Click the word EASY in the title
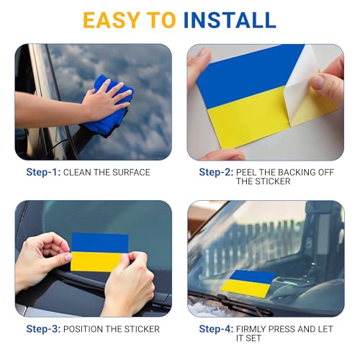tap(112, 20)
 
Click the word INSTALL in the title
tap(230, 20)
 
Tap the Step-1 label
tap(43, 172)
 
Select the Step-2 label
tap(216, 172)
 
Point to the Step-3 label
tap(43, 329)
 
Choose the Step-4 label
tap(216, 329)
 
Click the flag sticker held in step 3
tap(99, 252)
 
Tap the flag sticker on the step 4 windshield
tap(248, 283)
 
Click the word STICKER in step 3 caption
tap(142, 329)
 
